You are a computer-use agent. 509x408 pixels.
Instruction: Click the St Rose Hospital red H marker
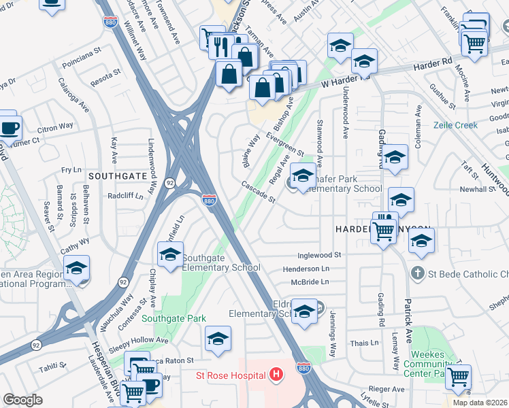click(x=276, y=374)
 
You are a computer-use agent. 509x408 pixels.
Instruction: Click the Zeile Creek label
click(x=457, y=126)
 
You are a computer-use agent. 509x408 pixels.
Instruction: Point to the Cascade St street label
click(x=259, y=192)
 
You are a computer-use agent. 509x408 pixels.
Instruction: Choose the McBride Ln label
click(x=308, y=282)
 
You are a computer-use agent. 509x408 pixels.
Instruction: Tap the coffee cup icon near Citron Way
click(x=10, y=128)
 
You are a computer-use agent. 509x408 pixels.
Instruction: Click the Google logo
click(x=23, y=400)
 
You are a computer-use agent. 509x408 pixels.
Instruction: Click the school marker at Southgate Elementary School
click(x=170, y=256)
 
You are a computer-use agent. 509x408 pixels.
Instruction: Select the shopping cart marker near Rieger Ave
click(x=459, y=375)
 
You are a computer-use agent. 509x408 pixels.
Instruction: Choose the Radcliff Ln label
click(x=125, y=196)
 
